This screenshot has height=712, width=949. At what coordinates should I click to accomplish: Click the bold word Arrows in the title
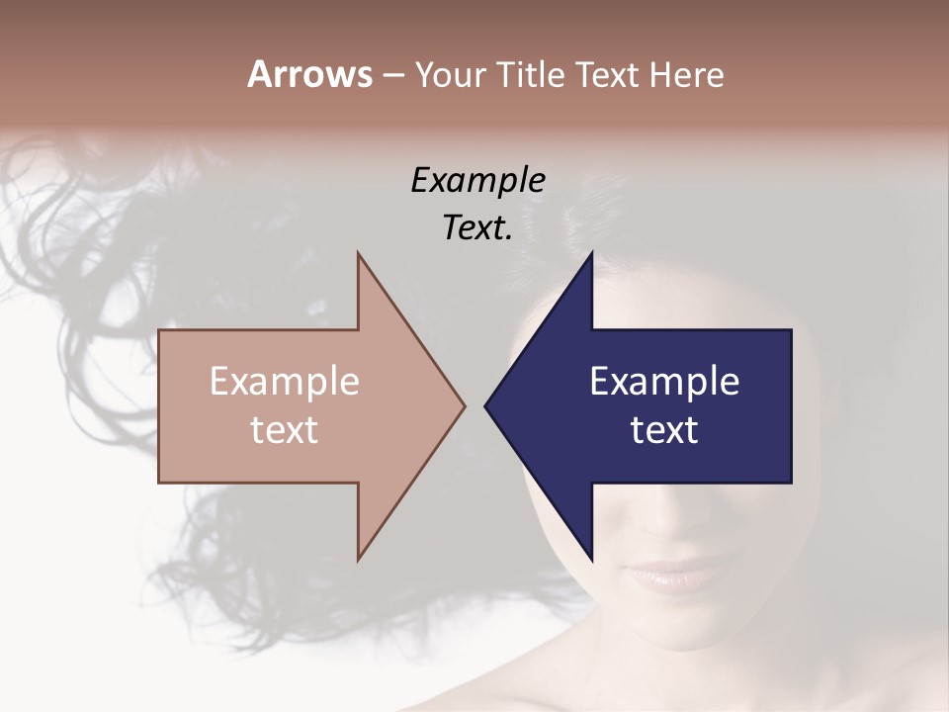tap(309, 74)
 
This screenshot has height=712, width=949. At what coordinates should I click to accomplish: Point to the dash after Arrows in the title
tap(392, 76)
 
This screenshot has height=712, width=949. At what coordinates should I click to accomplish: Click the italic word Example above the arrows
tap(477, 181)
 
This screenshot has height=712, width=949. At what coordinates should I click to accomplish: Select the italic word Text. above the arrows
tap(477, 228)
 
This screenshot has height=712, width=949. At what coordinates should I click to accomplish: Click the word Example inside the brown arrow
tap(285, 382)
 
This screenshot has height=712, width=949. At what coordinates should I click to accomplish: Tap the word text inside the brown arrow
tap(285, 430)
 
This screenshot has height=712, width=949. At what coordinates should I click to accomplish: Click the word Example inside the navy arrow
tap(664, 382)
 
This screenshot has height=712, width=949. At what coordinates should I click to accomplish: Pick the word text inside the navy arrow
tap(664, 430)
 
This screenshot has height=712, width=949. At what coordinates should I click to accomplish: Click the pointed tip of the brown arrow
tap(465, 405)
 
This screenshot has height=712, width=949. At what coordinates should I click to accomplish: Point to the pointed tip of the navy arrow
tap(485, 405)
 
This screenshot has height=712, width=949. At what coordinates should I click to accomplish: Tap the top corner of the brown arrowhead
tap(358, 253)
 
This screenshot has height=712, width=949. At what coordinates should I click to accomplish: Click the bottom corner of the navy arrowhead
tap(592, 560)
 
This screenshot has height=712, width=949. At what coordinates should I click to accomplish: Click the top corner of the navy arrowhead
tap(592, 253)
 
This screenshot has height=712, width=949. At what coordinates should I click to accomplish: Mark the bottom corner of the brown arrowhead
tap(358, 560)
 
